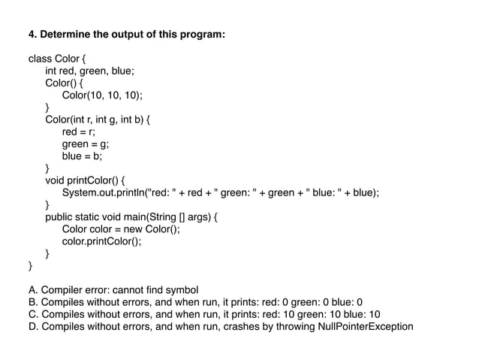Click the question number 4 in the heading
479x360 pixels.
coord(32,35)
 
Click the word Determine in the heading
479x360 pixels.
coord(66,35)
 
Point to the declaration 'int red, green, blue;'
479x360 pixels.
coord(91,71)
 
